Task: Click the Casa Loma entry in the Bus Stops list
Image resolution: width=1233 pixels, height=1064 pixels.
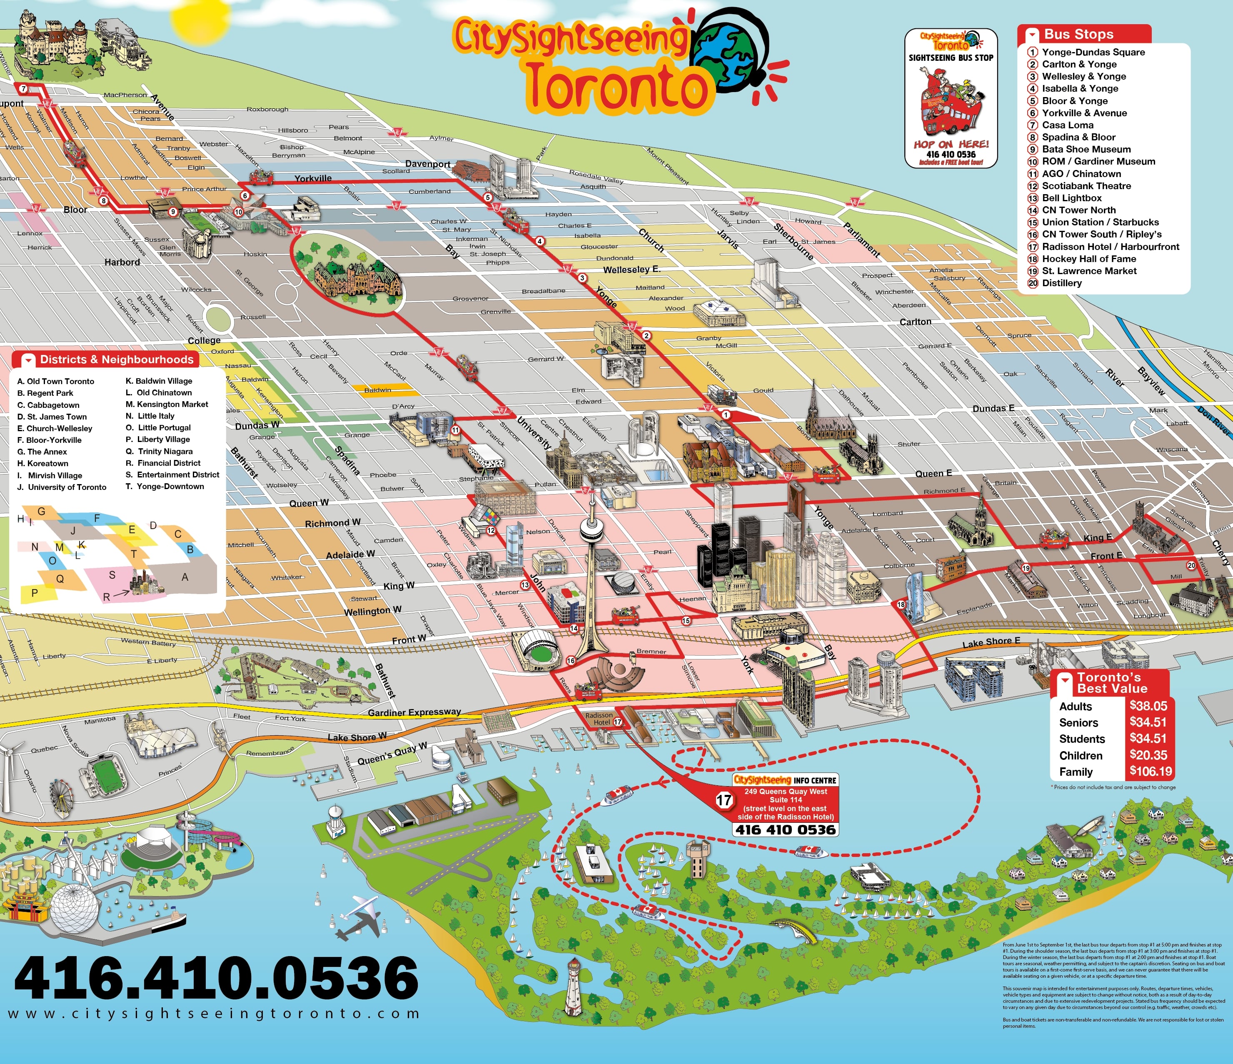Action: pyautogui.click(x=1068, y=125)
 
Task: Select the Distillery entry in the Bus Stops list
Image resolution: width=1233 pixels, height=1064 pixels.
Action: pyautogui.click(x=1062, y=282)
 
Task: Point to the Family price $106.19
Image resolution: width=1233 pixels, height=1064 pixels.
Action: pyautogui.click(x=1150, y=772)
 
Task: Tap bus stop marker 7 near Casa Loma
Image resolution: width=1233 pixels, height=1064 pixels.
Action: pyautogui.click(x=23, y=89)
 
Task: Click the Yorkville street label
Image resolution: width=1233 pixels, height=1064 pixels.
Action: pyautogui.click(x=313, y=178)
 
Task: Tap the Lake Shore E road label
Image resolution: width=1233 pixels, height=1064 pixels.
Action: pyautogui.click(x=991, y=642)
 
